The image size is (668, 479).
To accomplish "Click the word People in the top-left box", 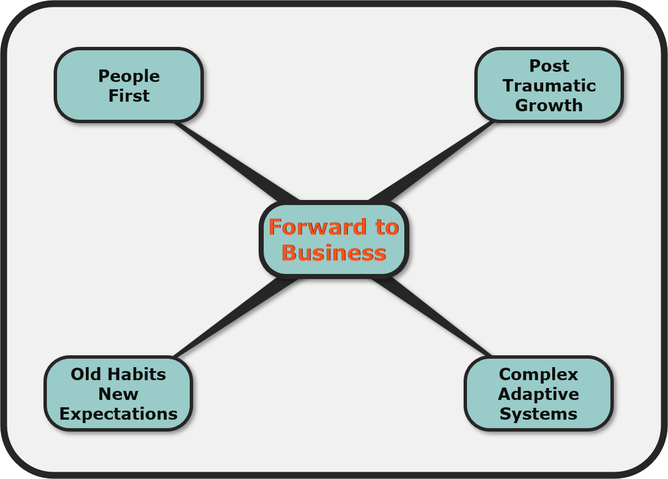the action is (129, 77).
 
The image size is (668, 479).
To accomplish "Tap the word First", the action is (129, 95).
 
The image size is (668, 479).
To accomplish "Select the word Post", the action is (549, 66).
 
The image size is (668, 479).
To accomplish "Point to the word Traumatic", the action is (549, 86).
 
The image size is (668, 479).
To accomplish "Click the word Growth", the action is (549, 105).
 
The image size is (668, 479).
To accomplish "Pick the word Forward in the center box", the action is (317, 227).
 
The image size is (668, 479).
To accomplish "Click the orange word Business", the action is (334, 252).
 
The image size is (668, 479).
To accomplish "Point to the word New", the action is (119, 394).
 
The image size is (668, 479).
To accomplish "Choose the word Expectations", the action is (119, 414).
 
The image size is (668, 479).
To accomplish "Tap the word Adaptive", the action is (539, 394).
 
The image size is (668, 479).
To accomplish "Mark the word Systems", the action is (539, 414).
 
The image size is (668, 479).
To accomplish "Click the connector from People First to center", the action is (237, 162).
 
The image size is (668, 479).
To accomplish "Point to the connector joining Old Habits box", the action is (237, 318).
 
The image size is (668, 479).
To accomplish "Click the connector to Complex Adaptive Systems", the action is (431, 317).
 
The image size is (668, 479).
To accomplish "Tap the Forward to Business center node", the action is (334, 239).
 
